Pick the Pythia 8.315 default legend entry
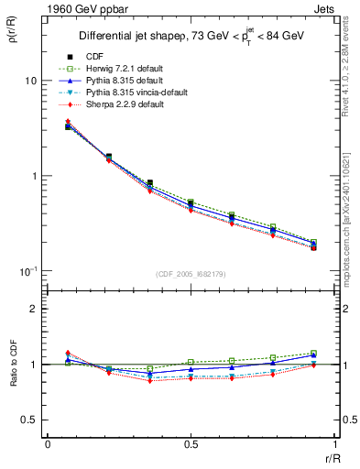[112, 81]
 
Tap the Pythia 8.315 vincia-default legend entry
[124, 93]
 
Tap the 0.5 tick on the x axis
[191, 444]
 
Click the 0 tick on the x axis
[47, 444]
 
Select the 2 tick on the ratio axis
[33, 309]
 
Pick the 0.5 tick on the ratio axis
[29, 420]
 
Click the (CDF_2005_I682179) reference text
[191, 275]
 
